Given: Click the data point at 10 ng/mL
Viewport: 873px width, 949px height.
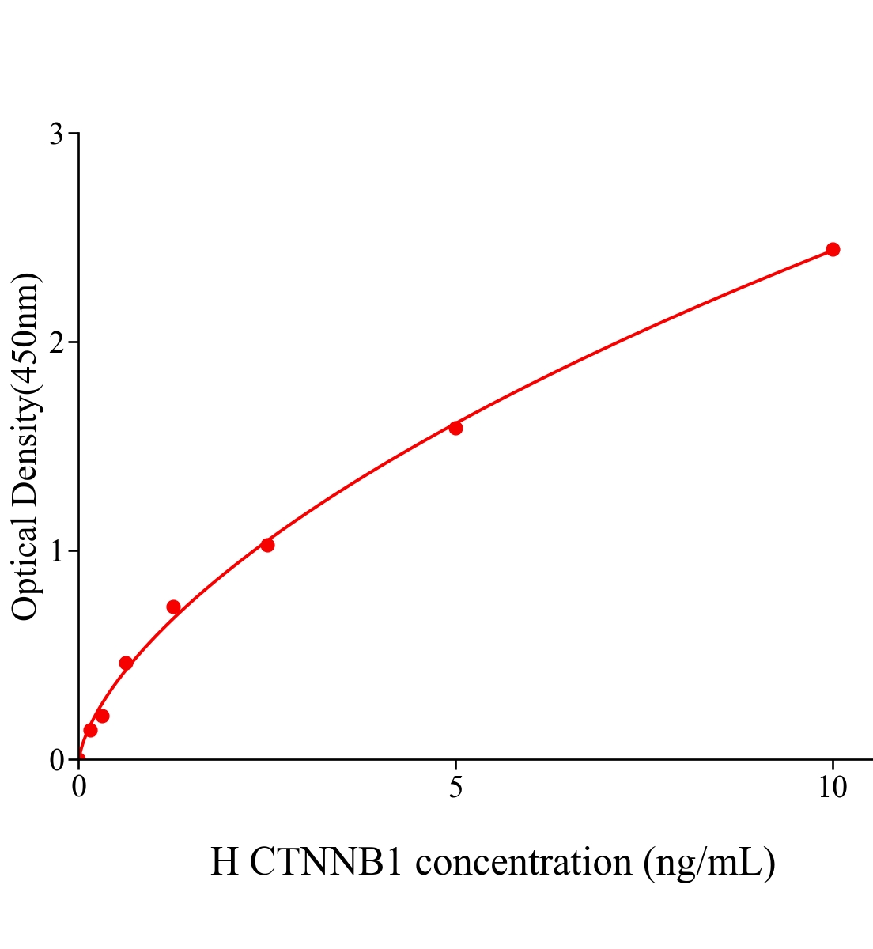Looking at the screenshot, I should [832, 250].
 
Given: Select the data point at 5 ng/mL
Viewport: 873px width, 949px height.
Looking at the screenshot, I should [455, 428].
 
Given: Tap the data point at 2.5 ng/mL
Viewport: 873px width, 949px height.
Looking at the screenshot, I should [267, 545].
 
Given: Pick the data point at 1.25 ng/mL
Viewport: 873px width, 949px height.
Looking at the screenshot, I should [173, 607].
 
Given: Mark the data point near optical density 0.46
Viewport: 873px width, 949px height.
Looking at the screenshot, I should [126, 663].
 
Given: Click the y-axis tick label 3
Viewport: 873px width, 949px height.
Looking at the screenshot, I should [56, 134].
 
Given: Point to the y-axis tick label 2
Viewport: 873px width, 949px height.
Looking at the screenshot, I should [56, 342].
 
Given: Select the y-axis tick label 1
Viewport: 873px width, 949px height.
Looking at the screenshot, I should [56, 551].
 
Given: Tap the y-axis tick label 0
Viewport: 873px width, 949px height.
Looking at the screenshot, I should [56, 760].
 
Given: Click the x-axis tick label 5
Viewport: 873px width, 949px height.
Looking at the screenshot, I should [455, 788].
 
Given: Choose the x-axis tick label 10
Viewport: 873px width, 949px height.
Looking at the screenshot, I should [832, 788].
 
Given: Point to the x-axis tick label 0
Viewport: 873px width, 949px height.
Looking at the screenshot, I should [79, 788].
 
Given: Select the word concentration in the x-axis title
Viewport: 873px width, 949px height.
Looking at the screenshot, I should [523, 862].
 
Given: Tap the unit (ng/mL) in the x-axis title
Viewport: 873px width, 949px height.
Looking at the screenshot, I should [709, 862].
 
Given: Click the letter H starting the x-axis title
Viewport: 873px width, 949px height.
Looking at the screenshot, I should [225, 862].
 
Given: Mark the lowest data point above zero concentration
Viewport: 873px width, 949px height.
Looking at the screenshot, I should [90, 730].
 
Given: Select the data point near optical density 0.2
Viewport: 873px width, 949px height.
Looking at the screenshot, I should [102, 716].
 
